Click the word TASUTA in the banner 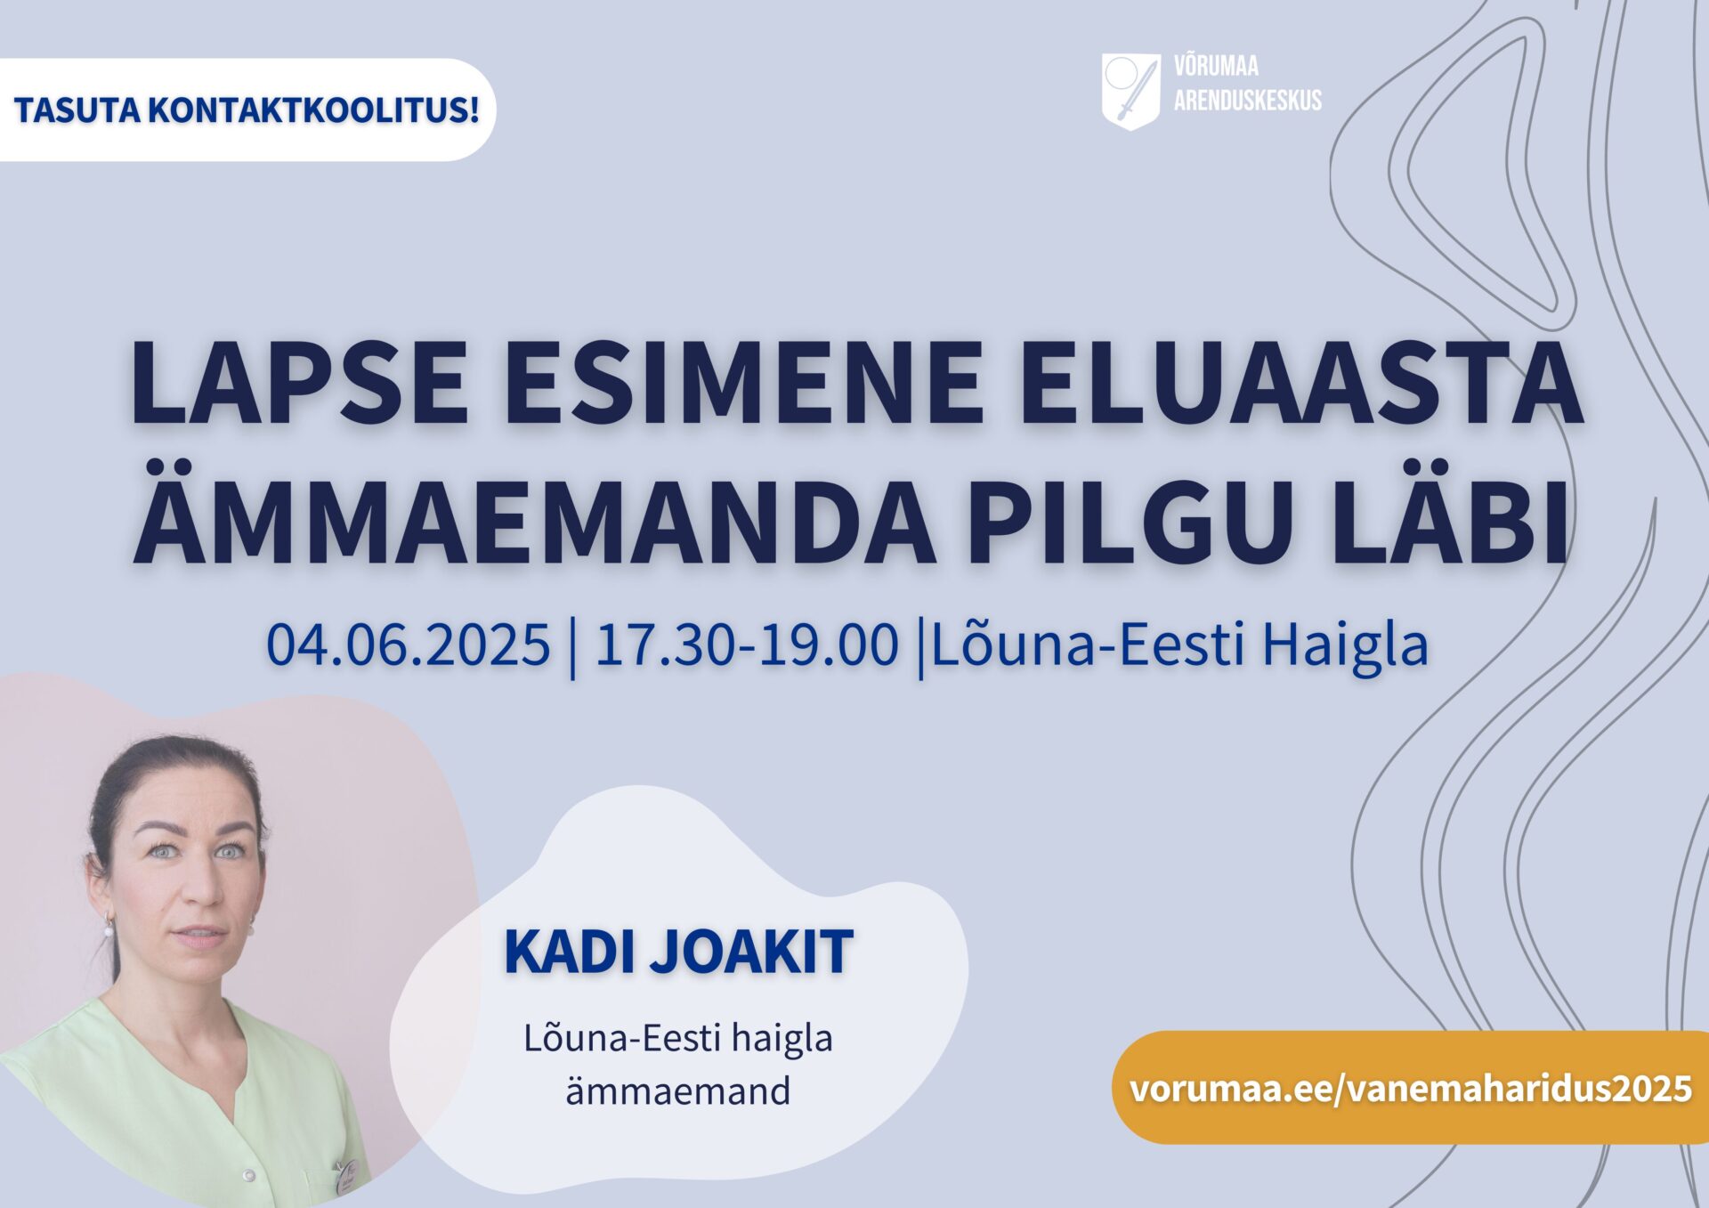pyautogui.click(x=77, y=110)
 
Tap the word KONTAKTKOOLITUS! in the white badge pyautogui.click(x=313, y=110)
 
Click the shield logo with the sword pyautogui.click(x=1130, y=92)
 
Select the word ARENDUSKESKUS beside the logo pyautogui.click(x=1247, y=101)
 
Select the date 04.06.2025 pyautogui.click(x=409, y=645)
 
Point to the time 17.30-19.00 pyautogui.click(x=747, y=645)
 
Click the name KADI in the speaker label pyautogui.click(x=570, y=952)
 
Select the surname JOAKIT pyautogui.click(x=752, y=952)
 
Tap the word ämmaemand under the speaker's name pyautogui.click(x=677, y=1091)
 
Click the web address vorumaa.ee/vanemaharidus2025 pyautogui.click(x=1411, y=1088)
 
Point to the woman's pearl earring pyautogui.click(x=109, y=929)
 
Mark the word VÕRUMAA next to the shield pyautogui.click(x=1216, y=66)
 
